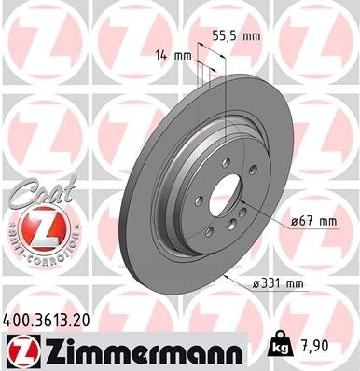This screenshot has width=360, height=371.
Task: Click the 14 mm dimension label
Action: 175,56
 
